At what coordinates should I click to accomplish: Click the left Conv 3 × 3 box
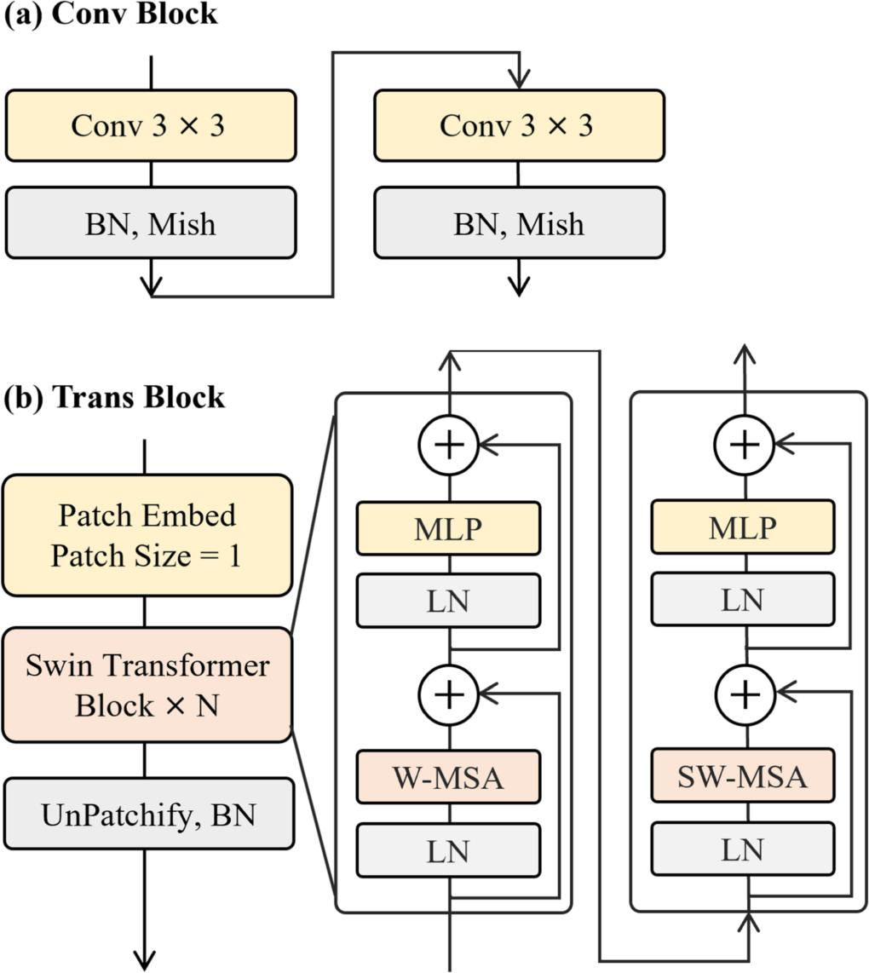click(151, 125)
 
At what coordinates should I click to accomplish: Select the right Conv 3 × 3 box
click(518, 125)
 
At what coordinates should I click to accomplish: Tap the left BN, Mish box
click(151, 223)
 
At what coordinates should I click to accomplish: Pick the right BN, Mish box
click(518, 223)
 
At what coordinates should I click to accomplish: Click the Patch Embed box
click(147, 535)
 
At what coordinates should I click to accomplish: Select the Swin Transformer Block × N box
click(147, 685)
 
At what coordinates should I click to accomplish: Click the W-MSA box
click(449, 776)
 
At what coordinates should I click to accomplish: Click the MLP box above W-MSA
click(449, 527)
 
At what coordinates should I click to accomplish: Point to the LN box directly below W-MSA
click(449, 849)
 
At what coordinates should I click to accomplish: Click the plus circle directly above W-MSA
click(448, 694)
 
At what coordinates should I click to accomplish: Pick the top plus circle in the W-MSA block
click(448, 443)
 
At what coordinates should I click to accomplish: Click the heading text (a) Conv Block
click(111, 15)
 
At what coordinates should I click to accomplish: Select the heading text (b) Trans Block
click(115, 397)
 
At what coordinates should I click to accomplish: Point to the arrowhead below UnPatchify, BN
click(146, 954)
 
